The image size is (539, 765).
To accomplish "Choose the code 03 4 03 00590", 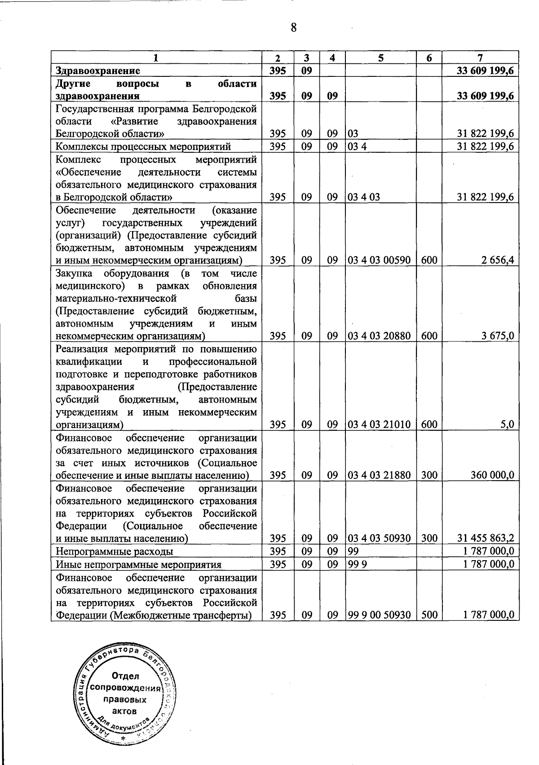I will (x=379, y=260).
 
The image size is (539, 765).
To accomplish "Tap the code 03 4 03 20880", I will (x=379, y=336).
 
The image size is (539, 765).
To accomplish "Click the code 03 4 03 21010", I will (x=379, y=424).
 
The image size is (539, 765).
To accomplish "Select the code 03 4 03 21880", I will (x=379, y=475).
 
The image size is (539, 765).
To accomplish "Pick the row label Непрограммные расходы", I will (x=115, y=551).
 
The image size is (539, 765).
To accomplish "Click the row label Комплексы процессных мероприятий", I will (x=143, y=146).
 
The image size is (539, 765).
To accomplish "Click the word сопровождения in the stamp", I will (x=125, y=688).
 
